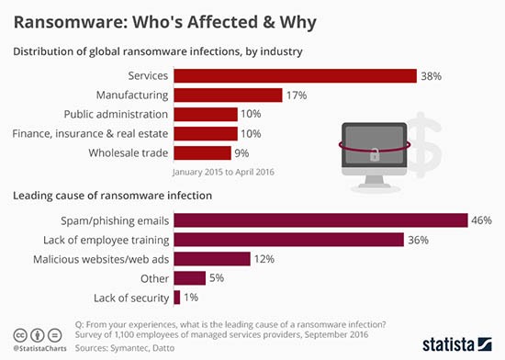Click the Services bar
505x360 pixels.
click(295, 75)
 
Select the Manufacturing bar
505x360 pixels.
click(228, 95)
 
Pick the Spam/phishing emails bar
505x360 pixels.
click(321, 220)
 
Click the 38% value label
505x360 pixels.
click(431, 75)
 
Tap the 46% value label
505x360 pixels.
click(482, 220)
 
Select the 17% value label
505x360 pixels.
click(297, 95)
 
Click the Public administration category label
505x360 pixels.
click(116, 114)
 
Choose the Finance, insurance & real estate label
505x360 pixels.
click(90, 133)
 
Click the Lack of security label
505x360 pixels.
click(131, 298)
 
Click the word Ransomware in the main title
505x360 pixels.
click(64, 19)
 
